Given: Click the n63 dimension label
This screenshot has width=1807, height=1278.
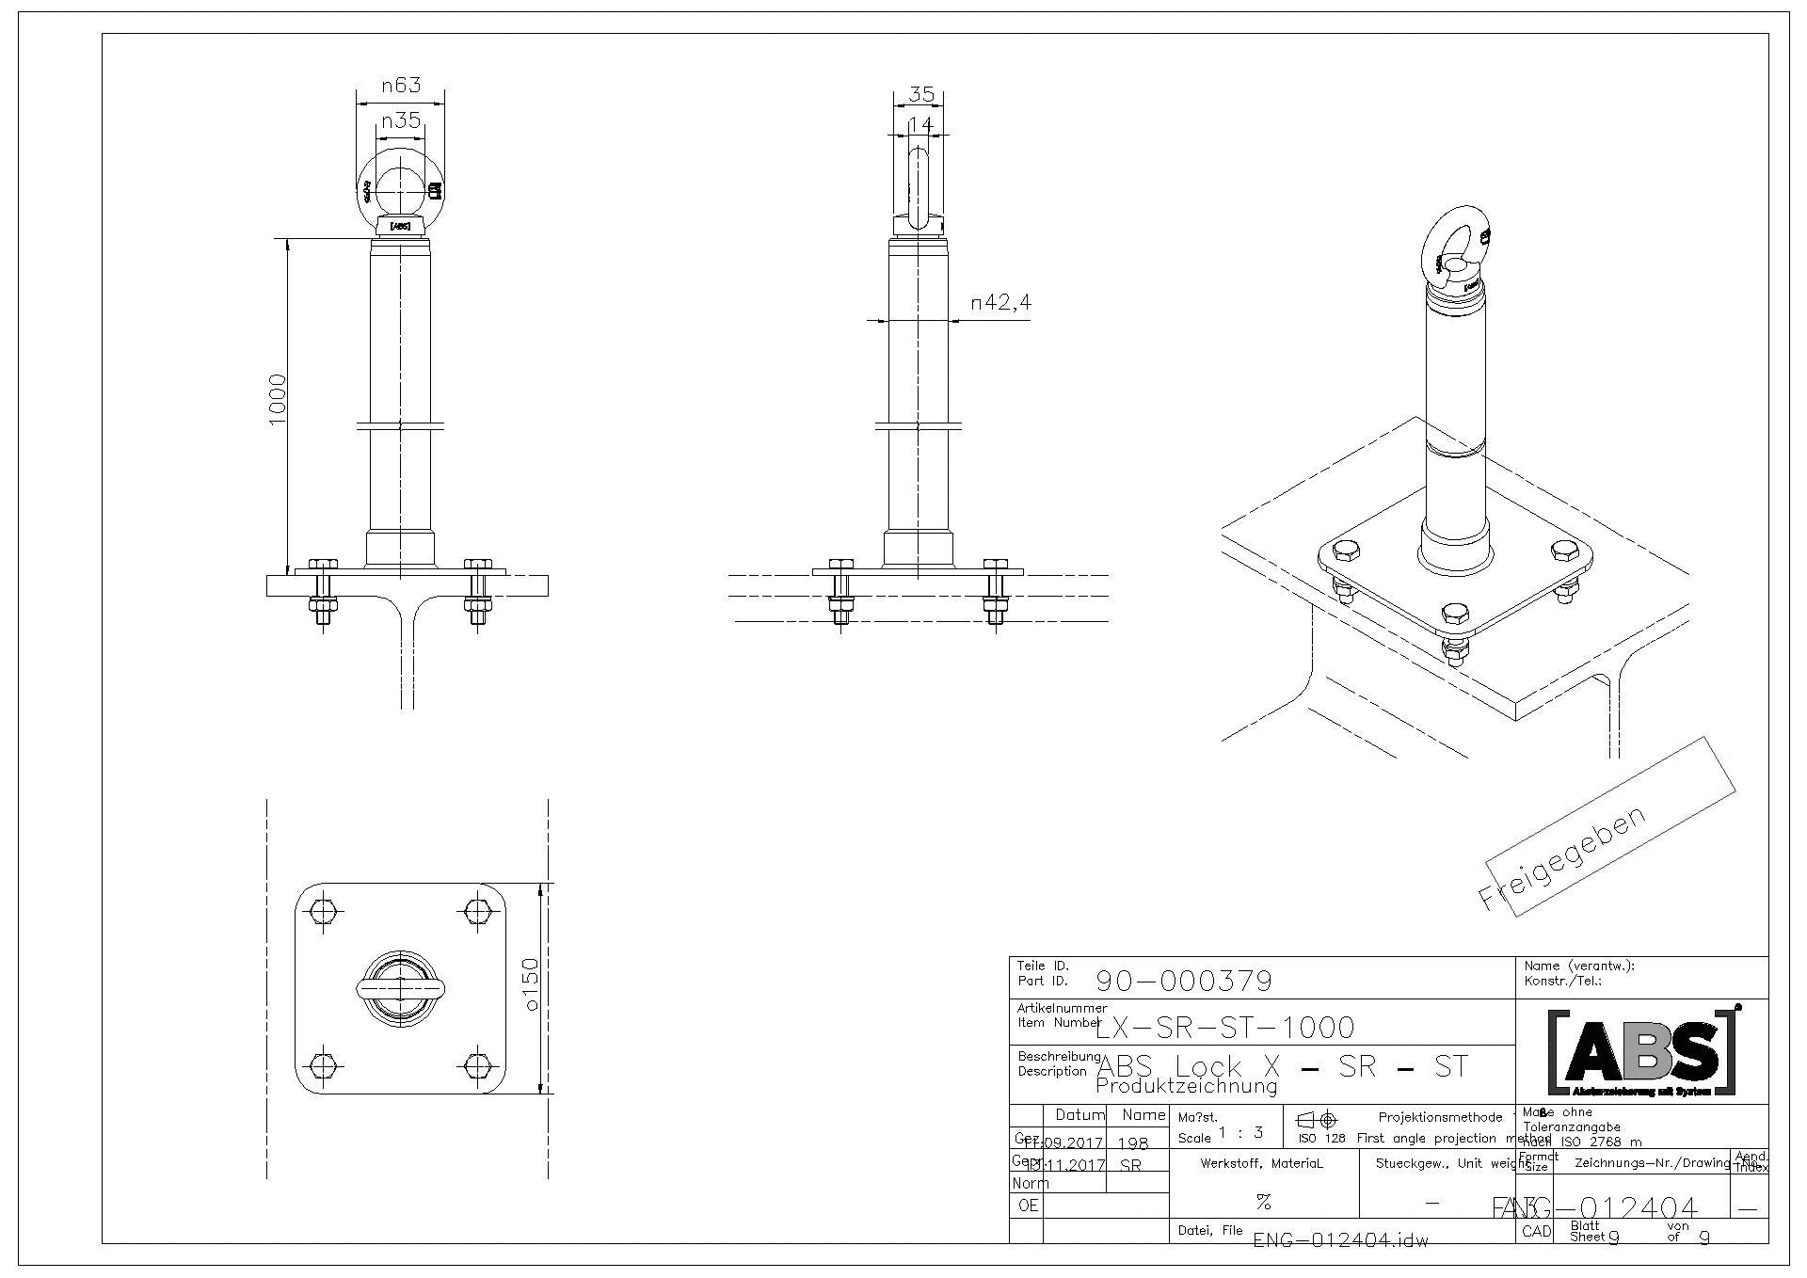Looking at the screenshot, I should tap(400, 86).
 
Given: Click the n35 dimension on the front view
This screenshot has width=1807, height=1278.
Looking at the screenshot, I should tap(400, 120).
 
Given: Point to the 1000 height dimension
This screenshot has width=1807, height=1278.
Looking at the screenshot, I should tap(277, 399).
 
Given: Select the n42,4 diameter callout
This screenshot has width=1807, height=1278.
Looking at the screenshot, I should tap(1001, 302).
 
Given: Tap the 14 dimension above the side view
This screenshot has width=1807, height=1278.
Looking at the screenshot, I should tap(919, 124).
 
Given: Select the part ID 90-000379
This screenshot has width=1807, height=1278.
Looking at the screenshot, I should tap(1184, 982).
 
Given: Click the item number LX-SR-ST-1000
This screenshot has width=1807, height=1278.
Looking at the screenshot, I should tap(1225, 1027).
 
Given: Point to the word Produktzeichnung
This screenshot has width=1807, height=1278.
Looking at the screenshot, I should tap(1186, 1087).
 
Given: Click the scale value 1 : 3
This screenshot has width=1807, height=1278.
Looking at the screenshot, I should tap(1240, 1132).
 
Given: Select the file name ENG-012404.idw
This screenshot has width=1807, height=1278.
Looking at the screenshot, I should tap(1340, 1240).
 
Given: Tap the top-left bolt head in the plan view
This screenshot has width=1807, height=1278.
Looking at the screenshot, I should tap(322, 911).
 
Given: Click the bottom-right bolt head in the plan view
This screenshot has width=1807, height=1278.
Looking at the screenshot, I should tap(478, 1065).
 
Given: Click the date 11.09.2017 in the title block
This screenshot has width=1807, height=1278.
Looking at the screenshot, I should tap(1063, 1143).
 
